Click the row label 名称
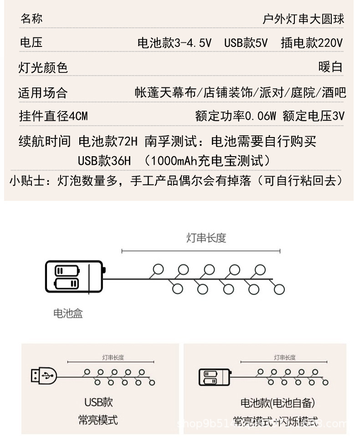31,19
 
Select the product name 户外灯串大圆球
303,19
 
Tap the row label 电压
31,43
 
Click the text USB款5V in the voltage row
246,43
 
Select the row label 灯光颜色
43,68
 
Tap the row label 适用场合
43,93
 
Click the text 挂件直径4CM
53,116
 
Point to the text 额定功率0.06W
236,116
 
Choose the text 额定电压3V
314,116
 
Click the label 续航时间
45,142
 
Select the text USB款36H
104,161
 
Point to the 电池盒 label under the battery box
68,313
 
